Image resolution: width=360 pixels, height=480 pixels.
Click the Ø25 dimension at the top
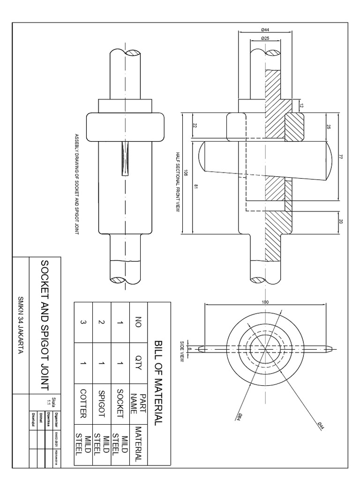pos(265,37)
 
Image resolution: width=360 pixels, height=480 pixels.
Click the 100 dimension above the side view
pos(265,302)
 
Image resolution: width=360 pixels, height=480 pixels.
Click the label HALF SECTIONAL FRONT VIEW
pos(178,182)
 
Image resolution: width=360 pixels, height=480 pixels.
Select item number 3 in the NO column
pos(83,322)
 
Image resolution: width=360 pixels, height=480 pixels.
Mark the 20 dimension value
pos(340,222)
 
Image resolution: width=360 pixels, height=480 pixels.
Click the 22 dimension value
pos(194,125)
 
